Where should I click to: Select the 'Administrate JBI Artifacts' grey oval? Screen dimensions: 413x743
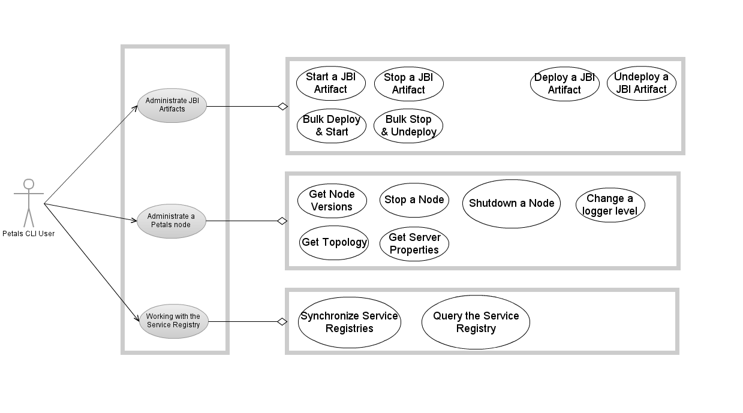click(x=172, y=105)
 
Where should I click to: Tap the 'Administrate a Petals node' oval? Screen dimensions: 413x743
click(x=172, y=221)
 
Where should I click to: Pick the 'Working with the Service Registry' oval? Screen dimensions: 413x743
click(x=173, y=321)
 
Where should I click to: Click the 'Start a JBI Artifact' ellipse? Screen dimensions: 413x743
click(x=330, y=83)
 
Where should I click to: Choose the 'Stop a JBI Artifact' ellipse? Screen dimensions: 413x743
click(x=408, y=84)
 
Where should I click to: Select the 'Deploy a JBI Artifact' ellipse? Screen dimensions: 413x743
click(x=564, y=84)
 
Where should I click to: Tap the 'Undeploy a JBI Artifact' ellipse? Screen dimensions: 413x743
click(x=641, y=83)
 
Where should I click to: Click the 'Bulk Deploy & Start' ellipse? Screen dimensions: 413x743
click(x=331, y=126)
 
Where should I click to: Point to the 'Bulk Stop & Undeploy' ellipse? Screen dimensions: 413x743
click(x=408, y=126)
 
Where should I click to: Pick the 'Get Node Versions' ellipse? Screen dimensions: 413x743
click(x=332, y=201)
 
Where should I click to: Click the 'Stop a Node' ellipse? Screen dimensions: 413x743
click(x=414, y=200)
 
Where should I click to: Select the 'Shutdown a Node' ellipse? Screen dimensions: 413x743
click(x=511, y=204)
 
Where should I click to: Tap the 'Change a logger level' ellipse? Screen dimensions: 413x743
click(x=610, y=205)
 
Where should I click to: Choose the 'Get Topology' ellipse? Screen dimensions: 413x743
click(x=334, y=243)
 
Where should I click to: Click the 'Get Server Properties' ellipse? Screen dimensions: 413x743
click(x=414, y=244)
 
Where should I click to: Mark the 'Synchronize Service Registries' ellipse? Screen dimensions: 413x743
click(x=349, y=322)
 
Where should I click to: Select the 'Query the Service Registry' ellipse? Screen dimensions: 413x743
click(x=476, y=322)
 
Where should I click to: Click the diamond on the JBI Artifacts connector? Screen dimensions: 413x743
click(x=282, y=107)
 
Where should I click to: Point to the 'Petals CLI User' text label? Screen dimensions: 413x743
click(x=28, y=234)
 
